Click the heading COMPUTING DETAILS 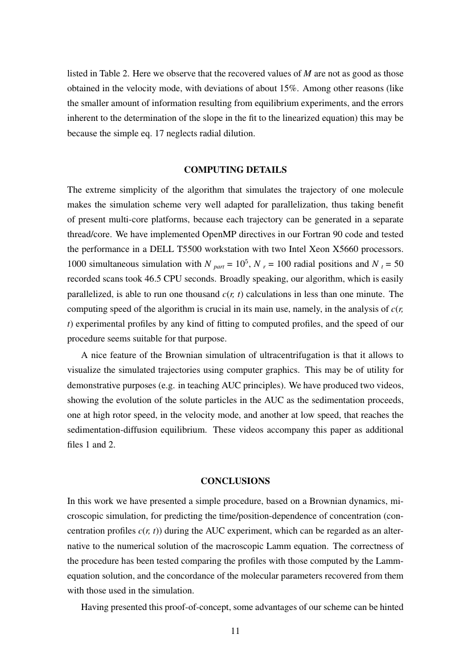pyautogui.click(x=235, y=170)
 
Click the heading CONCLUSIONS pyautogui.click(x=235, y=481)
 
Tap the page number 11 pyautogui.click(x=235, y=631)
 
